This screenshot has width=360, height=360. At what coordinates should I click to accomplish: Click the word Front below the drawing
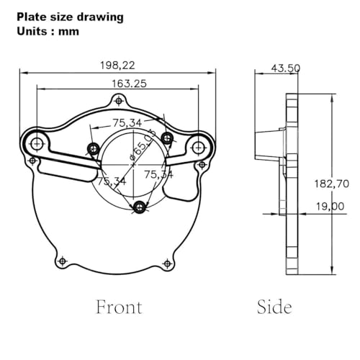pyautogui.click(x=119, y=307)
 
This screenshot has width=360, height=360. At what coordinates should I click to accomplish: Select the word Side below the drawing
pyautogui.click(x=274, y=307)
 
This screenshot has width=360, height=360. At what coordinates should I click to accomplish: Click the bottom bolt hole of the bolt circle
pyautogui.click(x=140, y=207)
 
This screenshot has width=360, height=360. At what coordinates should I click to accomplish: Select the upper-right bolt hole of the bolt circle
pyautogui.click(x=166, y=138)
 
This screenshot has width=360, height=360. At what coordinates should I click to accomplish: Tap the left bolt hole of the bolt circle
pyautogui.click(x=92, y=149)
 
